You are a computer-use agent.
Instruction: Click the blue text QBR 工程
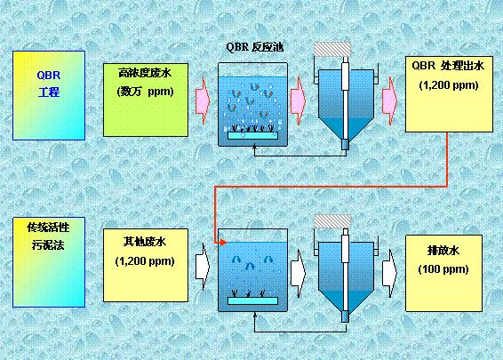click(x=49, y=84)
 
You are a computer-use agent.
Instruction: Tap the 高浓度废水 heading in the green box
click(x=146, y=73)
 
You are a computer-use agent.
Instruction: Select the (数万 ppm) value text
click(x=146, y=92)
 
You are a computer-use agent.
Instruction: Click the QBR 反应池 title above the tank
click(x=255, y=47)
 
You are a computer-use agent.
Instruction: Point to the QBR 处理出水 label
click(x=448, y=66)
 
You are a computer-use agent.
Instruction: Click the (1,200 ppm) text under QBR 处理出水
click(x=449, y=85)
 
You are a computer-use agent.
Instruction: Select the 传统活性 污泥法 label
click(x=49, y=236)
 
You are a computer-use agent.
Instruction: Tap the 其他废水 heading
click(x=145, y=242)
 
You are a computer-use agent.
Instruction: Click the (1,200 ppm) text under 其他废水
click(x=145, y=261)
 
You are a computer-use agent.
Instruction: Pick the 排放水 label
click(x=443, y=251)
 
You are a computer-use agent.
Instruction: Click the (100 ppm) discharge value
click(x=443, y=269)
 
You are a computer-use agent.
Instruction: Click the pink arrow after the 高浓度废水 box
click(x=203, y=100)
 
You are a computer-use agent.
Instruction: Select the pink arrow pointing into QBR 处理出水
click(x=390, y=100)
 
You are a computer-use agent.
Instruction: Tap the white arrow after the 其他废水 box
click(x=203, y=266)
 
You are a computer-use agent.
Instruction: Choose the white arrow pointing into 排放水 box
click(x=390, y=273)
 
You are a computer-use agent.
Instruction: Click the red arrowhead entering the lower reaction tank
click(x=222, y=243)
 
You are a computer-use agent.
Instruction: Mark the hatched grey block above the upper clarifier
click(x=332, y=49)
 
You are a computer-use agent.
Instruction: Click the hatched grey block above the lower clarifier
click(x=332, y=221)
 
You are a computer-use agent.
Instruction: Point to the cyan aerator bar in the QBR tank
click(x=252, y=135)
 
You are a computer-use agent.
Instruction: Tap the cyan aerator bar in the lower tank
click(x=252, y=300)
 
